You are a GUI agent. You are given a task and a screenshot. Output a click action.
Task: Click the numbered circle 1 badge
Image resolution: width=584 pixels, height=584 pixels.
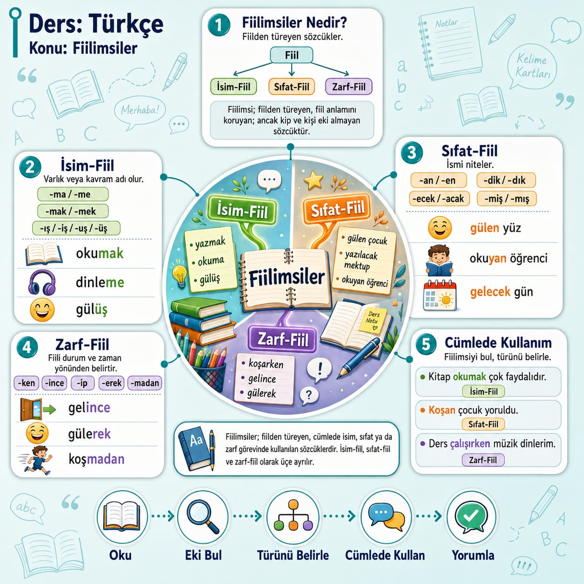[218, 25]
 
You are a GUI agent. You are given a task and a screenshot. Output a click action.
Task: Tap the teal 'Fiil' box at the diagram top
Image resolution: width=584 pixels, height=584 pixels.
[291, 55]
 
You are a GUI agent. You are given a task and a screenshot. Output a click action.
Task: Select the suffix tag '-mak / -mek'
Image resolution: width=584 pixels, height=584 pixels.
[73, 211]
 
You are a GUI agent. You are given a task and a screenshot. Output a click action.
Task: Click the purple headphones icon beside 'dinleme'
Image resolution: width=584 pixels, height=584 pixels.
[42, 283]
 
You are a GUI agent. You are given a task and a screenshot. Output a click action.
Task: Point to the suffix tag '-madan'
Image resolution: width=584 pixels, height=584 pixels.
[144, 383]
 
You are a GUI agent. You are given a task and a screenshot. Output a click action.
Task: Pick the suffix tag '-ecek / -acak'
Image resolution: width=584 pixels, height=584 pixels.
[439, 199]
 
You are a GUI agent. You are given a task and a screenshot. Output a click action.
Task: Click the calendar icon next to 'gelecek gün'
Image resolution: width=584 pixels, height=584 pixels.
[440, 295]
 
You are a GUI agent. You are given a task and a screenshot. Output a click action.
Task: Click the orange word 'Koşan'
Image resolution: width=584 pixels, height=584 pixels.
[442, 410]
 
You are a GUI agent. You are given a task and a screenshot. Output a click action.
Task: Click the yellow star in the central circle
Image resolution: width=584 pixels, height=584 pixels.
[313, 181]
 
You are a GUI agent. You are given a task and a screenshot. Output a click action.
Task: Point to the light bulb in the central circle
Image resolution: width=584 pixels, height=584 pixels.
[180, 276]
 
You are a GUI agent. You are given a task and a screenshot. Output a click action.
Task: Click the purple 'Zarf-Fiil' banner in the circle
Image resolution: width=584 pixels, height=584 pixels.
[282, 339]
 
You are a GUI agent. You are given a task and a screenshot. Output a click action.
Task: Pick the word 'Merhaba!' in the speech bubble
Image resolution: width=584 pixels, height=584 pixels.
[140, 110]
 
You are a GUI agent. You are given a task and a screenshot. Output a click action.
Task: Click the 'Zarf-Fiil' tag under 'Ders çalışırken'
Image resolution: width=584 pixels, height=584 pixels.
[483, 460]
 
